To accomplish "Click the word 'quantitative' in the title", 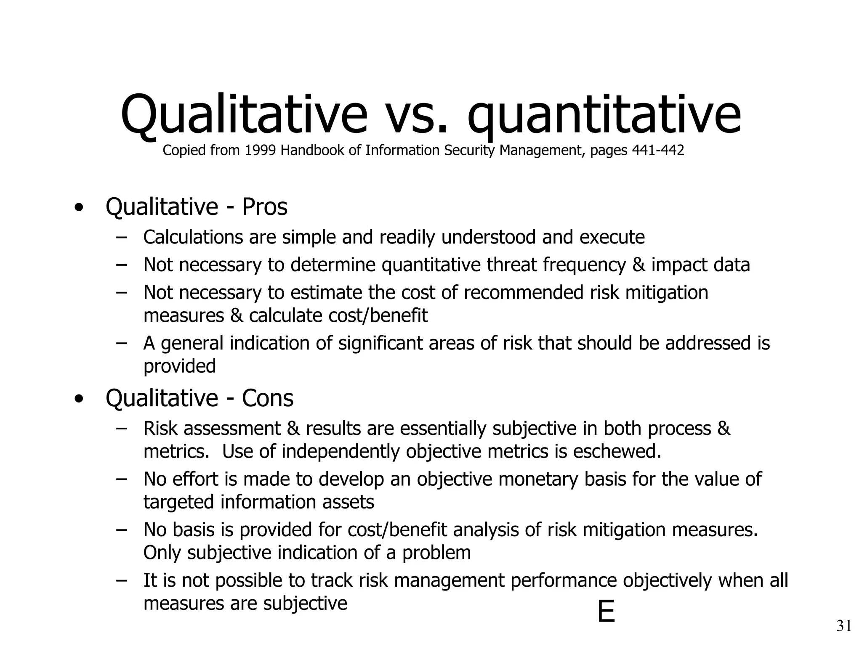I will (x=604, y=116).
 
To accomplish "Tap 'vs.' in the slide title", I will (x=416, y=116).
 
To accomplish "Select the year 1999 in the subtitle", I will (x=260, y=150).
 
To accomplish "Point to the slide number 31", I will (x=843, y=626).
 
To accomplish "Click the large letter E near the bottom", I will (x=606, y=612).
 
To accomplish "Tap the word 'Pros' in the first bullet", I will (x=264, y=207).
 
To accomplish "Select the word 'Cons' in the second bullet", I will (x=267, y=398).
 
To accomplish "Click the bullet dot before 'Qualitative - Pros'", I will (x=78, y=208).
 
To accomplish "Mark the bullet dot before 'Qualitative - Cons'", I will (x=78, y=399).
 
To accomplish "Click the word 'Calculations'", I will (x=193, y=237).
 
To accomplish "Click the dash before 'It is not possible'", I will (x=122, y=580).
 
